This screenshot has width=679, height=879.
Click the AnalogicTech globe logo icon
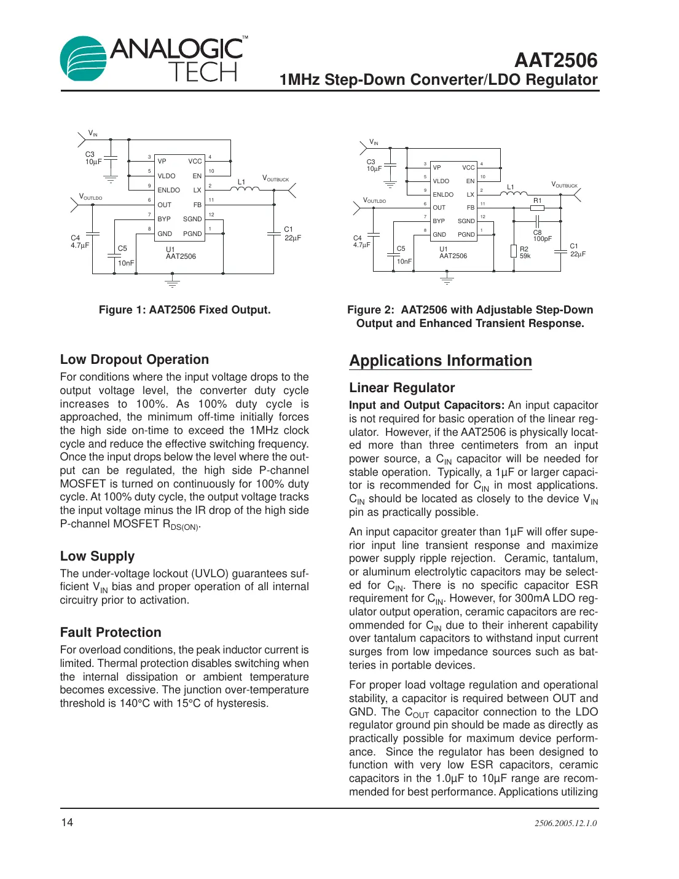[x=82, y=58]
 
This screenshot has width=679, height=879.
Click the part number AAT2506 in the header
[x=555, y=60]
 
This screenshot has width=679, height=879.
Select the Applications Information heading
[x=440, y=361]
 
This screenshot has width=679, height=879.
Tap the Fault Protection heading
[x=111, y=633]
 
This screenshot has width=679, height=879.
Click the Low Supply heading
[x=97, y=556]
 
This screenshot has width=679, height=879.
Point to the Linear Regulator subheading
[x=402, y=388]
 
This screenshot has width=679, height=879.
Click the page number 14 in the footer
[x=67, y=822]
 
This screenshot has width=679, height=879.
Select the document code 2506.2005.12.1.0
[x=565, y=823]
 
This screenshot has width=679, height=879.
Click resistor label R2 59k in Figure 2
[x=525, y=253]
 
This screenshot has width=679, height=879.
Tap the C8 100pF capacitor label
[x=541, y=235]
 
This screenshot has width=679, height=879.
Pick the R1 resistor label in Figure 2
[x=538, y=200]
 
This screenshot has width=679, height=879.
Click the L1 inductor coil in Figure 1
[x=248, y=189]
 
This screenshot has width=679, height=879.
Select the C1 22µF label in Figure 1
[x=292, y=234]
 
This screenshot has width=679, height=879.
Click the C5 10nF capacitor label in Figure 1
[x=125, y=256]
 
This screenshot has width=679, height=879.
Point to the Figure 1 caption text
[x=184, y=310]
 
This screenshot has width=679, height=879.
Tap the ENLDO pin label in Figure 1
[x=168, y=190]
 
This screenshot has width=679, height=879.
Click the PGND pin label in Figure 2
[x=466, y=234]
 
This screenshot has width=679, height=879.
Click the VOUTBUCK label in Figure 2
[x=564, y=184]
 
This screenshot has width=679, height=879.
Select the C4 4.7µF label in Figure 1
[x=79, y=242]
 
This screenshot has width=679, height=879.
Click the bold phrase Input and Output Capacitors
[x=426, y=405]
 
